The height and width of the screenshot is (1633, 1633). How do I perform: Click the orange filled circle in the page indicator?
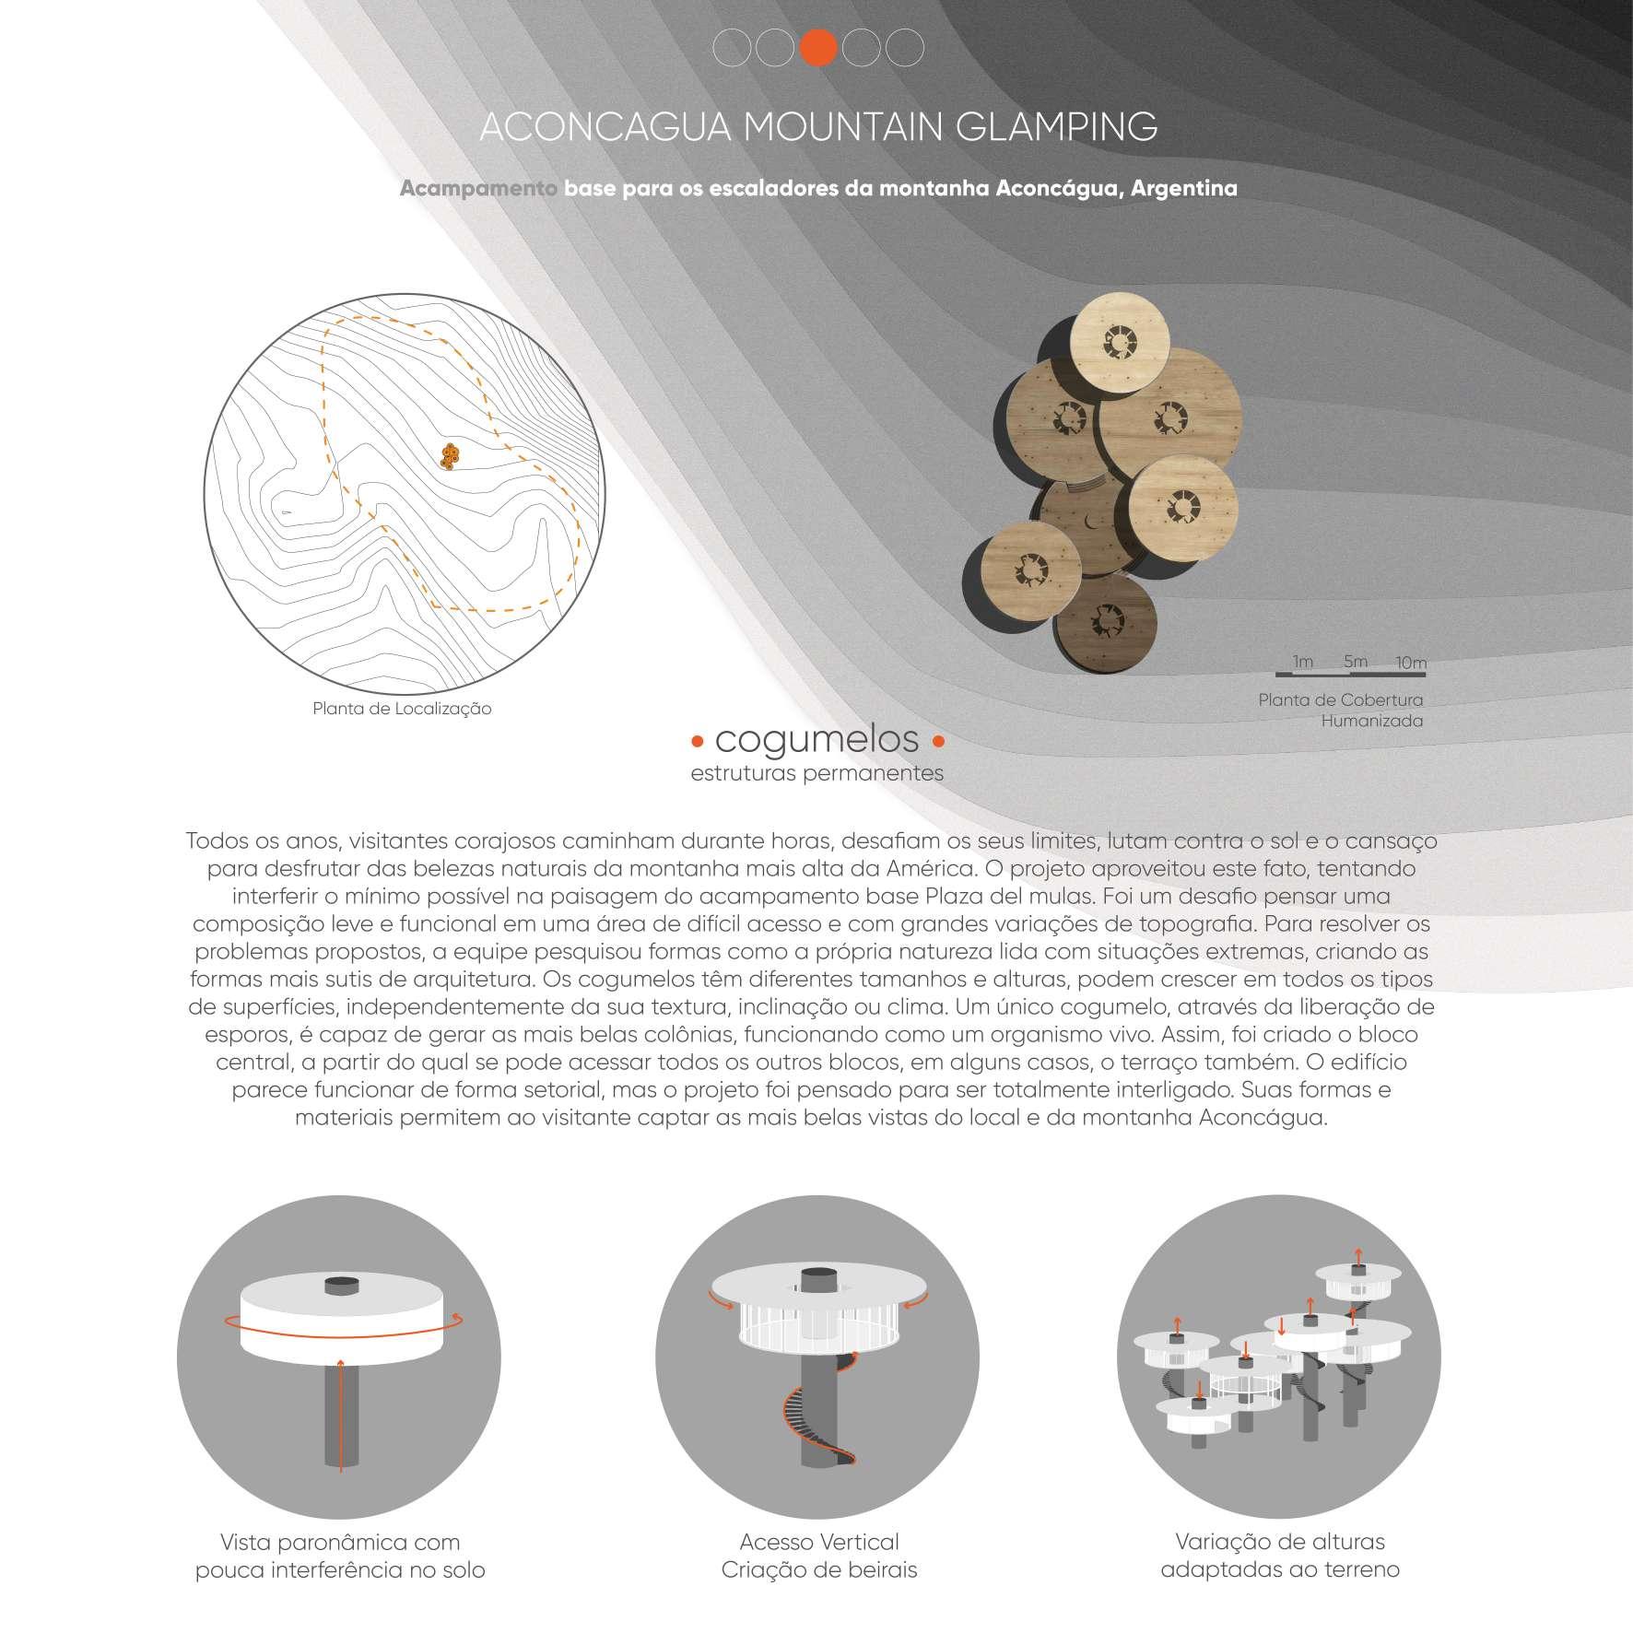click(818, 48)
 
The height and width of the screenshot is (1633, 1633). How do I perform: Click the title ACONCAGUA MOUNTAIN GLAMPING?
click(818, 127)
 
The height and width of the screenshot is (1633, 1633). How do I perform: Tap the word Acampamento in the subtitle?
click(477, 189)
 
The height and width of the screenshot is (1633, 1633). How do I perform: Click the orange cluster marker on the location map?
click(450, 455)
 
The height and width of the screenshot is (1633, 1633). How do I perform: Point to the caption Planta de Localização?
click(402, 709)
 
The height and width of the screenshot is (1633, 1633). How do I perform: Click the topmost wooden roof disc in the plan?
click(1122, 345)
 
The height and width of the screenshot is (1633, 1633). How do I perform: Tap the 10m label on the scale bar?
click(1411, 663)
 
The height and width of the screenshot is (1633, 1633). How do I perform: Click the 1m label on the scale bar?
click(1302, 662)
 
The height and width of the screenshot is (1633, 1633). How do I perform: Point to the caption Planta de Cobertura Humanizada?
click(1341, 711)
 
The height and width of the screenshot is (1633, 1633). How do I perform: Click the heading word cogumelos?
click(817, 739)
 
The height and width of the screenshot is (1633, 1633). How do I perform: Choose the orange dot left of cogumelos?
click(698, 741)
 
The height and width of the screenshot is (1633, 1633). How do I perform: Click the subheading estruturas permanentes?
click(817, 773)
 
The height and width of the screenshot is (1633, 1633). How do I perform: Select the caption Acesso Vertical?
click(819, 1542)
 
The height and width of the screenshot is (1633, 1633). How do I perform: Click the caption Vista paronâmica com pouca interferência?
click(340, 1556)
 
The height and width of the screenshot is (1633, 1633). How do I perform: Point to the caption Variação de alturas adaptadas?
click(1280, 1556)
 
